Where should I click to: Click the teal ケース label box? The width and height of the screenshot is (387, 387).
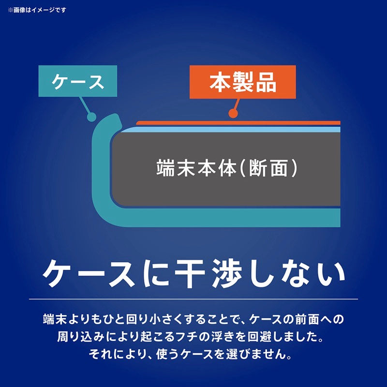[78, 81]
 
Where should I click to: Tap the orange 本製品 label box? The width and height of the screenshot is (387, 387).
[243, 82]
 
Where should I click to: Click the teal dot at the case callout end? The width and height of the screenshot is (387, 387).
[91, 117]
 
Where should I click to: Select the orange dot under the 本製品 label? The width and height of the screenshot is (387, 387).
[233, 113]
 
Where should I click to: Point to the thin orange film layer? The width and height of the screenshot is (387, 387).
[238, 123]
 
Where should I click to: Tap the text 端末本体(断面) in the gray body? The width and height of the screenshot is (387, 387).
[226, 168]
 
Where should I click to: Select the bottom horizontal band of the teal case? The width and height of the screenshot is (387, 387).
[222, 218]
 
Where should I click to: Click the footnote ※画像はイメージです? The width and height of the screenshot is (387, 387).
[37, 10]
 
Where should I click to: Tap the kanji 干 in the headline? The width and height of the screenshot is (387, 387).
[190, 273]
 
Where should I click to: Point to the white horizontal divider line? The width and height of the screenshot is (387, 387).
[193, 299]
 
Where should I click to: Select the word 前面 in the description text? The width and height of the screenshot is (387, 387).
[299, 319]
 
